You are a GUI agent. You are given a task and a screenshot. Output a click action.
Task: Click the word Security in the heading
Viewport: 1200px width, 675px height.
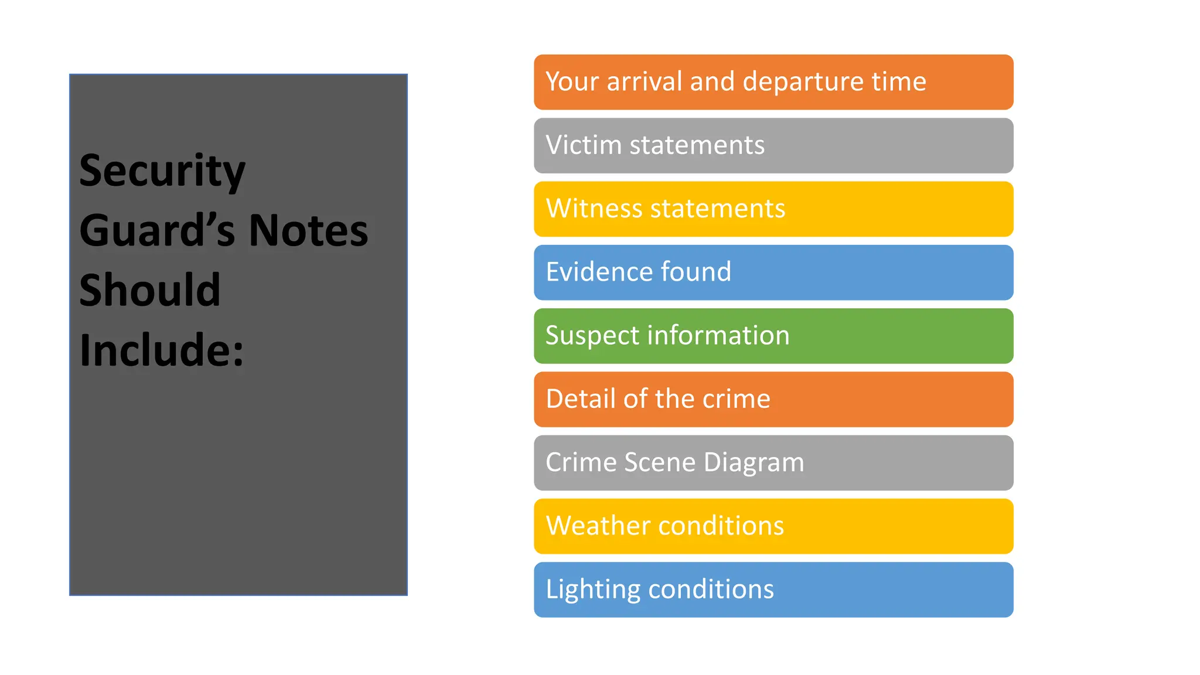(162, 171)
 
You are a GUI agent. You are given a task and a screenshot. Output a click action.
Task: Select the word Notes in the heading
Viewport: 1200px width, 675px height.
(308, 231)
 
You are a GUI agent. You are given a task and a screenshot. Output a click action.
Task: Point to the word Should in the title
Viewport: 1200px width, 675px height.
(150, 290)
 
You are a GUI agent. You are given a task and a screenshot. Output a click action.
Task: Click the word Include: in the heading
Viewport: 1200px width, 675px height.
(162, 350)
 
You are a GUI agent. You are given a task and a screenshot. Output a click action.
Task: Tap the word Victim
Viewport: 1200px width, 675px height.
(584, 145)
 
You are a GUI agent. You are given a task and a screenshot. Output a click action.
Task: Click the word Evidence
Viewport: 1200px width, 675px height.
(599, 272)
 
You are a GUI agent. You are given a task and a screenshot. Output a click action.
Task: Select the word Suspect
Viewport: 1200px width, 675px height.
(592, 336)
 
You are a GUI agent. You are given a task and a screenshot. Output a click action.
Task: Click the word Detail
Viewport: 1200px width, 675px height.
(581, 399)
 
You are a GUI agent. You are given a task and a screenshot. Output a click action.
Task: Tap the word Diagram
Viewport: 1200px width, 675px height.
(754, 462)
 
